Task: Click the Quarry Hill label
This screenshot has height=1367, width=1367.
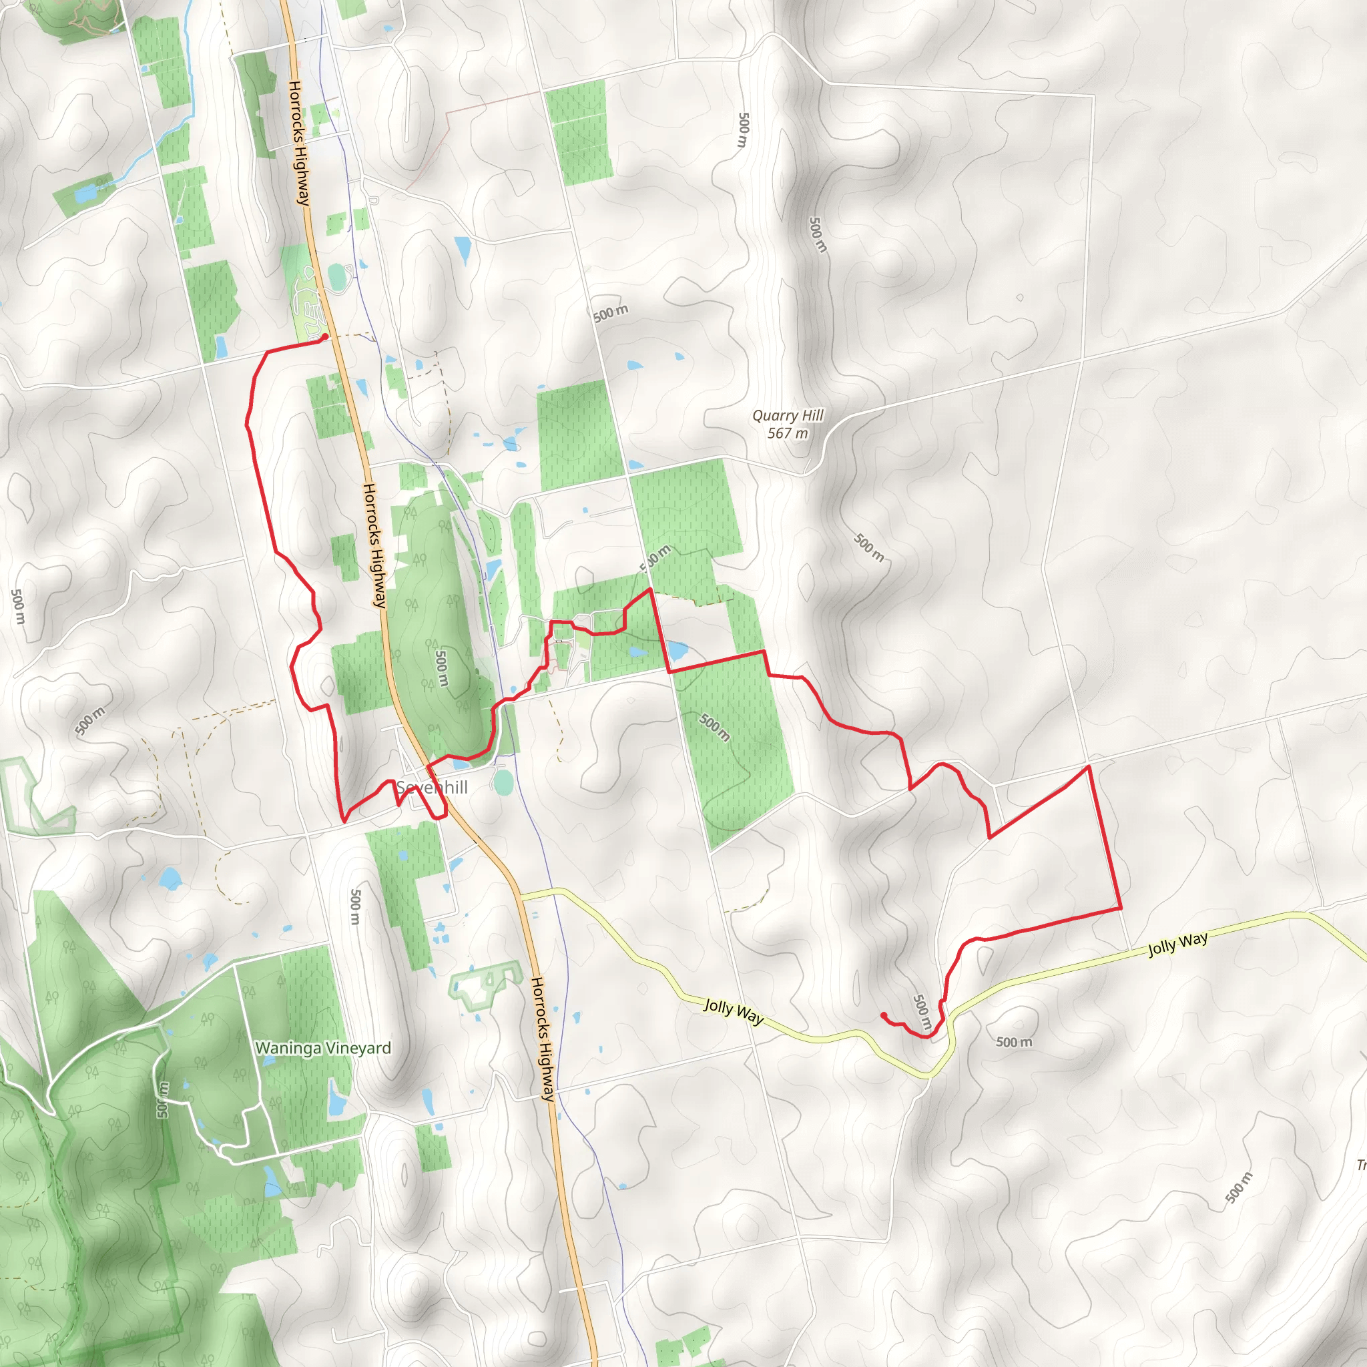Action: click(788, 415)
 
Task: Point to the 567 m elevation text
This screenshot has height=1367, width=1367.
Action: click(788, 433)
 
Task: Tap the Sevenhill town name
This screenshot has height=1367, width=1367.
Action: click(432, 788)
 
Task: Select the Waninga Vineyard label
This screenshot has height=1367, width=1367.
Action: click(322, 1048)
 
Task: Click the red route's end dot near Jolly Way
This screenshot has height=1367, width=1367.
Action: click(884, 1015)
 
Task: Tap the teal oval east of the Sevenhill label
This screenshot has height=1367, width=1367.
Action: click(503, 782)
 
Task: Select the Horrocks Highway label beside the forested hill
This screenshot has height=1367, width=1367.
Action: click(374, 545)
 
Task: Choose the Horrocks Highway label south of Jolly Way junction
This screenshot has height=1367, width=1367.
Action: click(543, 1039)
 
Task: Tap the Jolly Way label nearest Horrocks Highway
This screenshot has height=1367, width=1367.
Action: click(734, 1012)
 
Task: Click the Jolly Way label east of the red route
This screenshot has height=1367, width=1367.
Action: click(1177, 944)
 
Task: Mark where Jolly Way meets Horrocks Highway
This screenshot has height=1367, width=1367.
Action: click(521, 894)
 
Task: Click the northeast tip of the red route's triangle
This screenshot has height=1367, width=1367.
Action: click(1088, 766)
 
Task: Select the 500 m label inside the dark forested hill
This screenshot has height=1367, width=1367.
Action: click(441, 668)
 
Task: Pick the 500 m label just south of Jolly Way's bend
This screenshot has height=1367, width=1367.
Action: click(1014, 1042)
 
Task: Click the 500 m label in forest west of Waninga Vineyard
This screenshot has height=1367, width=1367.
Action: click(164, 1099)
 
